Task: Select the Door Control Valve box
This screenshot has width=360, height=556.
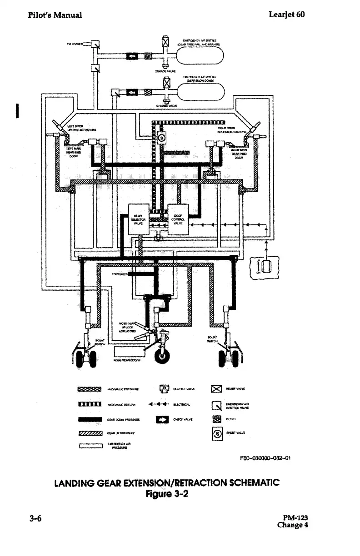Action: pos(178,218)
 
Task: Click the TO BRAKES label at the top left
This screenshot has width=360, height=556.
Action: pos(75,45)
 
